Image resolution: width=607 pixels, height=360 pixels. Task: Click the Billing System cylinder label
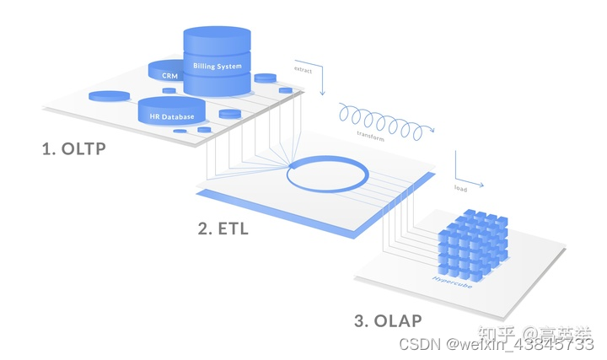point(217,66)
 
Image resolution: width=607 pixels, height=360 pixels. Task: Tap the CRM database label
point(170,76)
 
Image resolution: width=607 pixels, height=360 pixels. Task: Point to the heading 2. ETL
point(223,228)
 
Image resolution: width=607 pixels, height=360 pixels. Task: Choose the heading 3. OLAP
point(388,320)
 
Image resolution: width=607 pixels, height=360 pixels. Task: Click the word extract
point(303,70)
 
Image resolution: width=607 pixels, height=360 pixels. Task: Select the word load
point(460,189)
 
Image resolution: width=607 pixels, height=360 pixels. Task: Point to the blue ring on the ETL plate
point(327,174)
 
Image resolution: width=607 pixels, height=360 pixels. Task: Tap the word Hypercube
point(452,278)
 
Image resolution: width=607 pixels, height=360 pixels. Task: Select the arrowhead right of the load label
point(484,184)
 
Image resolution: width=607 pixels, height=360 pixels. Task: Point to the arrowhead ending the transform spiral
point(433,128)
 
